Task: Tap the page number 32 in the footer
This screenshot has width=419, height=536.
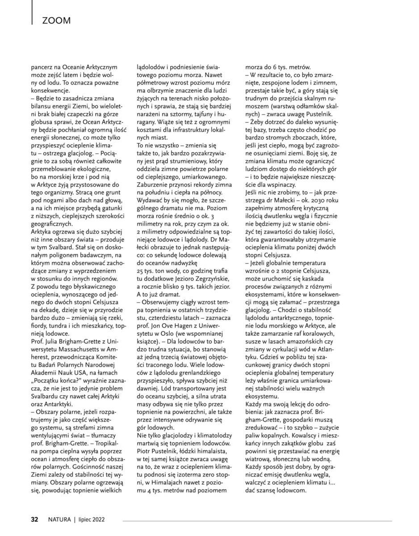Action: (34, 519)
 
